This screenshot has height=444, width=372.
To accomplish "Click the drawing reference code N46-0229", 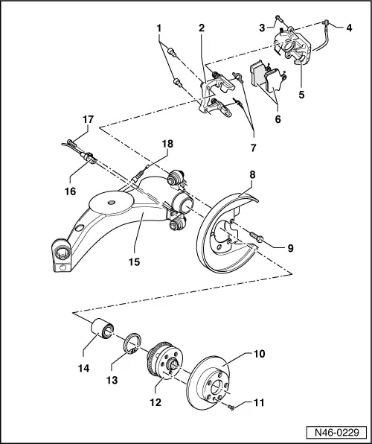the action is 337,432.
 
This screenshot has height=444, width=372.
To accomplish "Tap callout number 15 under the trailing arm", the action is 135,261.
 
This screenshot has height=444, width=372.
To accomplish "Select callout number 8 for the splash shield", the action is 252,175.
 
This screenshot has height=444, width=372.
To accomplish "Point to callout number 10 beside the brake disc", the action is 259,354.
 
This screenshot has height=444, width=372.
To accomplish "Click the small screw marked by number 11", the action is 232,407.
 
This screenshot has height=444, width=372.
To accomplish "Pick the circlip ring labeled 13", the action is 132,343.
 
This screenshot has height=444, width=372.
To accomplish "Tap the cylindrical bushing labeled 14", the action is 102,328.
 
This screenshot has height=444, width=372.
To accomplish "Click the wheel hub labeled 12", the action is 165,359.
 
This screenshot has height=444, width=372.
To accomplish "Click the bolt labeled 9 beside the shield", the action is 256,238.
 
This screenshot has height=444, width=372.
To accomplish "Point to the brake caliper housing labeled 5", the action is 292,47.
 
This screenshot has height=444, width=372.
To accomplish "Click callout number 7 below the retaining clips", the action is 253,148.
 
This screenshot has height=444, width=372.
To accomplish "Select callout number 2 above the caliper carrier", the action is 201,28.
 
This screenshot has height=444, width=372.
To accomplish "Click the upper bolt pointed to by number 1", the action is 172,51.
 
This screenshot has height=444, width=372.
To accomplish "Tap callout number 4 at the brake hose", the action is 349,28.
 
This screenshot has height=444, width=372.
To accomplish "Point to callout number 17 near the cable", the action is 88,119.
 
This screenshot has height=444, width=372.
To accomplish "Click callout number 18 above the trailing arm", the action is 167,144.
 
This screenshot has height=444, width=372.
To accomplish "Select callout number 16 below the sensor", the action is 70,191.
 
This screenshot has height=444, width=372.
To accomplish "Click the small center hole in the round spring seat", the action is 111,202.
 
